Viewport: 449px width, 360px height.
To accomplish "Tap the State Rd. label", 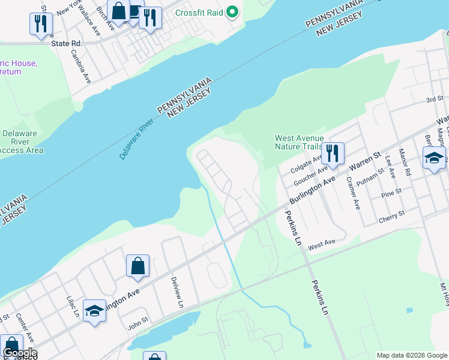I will (67, 43).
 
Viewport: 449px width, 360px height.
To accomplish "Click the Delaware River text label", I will (137, 138).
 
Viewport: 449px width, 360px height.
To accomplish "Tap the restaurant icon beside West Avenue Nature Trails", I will (332, 154).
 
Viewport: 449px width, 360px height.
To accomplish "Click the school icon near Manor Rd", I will (434, 158).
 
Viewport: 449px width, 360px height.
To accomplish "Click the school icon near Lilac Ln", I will (94, 310).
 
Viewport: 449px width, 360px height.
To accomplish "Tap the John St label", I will (137, 327).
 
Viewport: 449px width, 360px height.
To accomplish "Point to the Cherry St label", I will (391, 217).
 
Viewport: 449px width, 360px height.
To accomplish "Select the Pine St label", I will (391, 195).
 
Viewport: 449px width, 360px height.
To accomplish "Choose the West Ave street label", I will (322, 244).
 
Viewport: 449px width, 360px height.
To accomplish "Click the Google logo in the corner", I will (20, 353).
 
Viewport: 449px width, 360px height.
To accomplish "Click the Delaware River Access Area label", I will (22, 142).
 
